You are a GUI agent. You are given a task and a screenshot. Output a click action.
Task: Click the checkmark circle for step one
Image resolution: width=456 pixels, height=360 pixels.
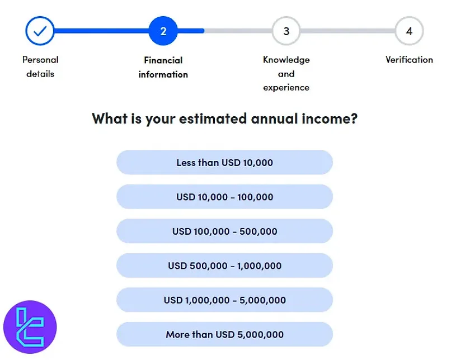[x=40, y=31]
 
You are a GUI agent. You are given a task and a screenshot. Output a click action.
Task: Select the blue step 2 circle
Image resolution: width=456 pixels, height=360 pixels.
[x=163, y=31]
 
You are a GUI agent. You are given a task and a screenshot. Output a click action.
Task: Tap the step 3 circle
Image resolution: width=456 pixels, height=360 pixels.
[x=286, y=31]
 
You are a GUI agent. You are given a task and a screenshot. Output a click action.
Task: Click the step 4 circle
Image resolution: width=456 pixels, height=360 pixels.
[x=409, y=31]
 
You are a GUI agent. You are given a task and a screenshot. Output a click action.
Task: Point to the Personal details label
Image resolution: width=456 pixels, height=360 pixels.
[x=40, y=66]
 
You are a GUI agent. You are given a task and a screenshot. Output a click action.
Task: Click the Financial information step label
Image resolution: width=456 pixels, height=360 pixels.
[x=163, y=67]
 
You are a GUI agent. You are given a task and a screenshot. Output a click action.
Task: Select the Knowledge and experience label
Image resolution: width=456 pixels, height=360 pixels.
[x=286, y=73]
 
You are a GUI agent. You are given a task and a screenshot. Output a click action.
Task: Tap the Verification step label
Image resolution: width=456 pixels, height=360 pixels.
[x=409, y=59]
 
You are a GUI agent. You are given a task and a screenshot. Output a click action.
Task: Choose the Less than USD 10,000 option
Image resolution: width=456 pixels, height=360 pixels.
[x=224, y=163]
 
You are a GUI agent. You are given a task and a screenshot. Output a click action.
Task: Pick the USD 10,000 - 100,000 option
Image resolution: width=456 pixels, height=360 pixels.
[x=224, y=197]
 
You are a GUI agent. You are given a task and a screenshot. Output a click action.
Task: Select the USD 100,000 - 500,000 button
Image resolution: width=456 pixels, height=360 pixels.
[x=224, y=231]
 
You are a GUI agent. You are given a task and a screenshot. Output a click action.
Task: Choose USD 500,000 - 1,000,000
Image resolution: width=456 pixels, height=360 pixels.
[x=224, y=266]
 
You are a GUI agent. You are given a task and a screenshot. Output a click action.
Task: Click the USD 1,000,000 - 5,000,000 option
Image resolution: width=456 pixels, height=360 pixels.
[x=224, y=300]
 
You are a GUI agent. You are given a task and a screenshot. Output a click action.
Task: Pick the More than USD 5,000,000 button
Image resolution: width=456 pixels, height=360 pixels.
[x=224, y=334]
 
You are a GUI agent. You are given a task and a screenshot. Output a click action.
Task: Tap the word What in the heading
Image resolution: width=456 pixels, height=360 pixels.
[x=110, y=119]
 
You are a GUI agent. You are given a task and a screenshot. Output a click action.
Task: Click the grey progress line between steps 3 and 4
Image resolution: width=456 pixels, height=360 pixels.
[x=347, y=31]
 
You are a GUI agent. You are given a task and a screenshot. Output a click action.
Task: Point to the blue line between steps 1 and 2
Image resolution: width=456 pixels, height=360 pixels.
[x=101, y=31]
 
